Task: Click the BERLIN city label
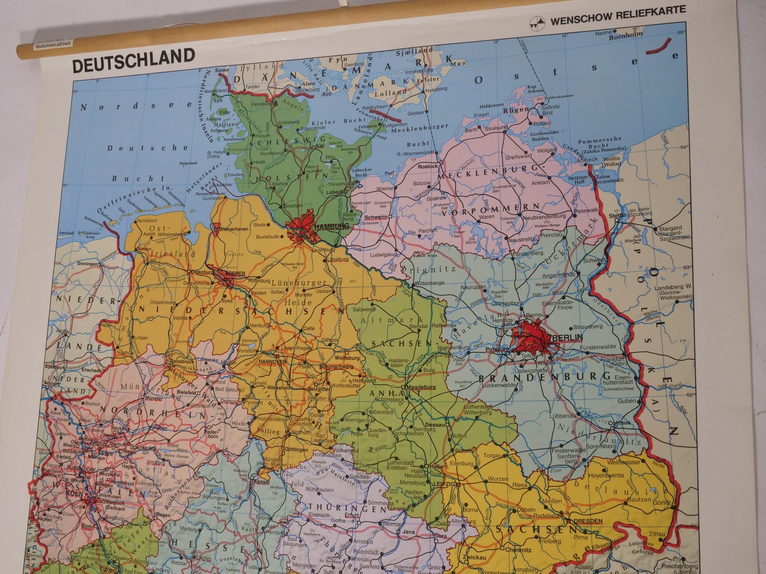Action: (567, 338)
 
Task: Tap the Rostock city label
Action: (428, 166)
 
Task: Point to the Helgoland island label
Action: (188, 163)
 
